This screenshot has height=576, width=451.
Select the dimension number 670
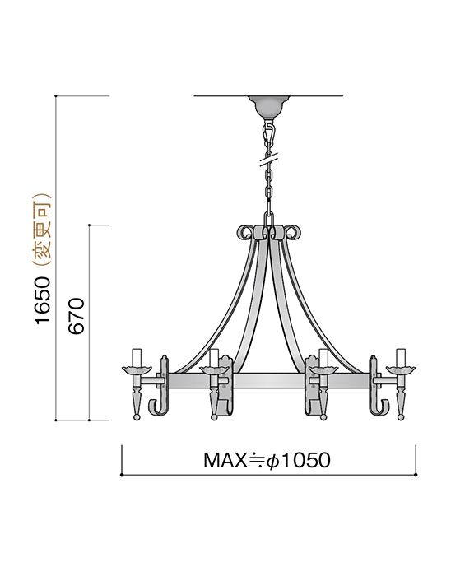(x=77, y=316)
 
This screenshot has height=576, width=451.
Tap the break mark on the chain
(x=269, y=154)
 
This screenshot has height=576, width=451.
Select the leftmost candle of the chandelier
(x=137, y=357)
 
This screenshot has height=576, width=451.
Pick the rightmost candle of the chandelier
(x=402, y=357)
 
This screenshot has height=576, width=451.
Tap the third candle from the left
(x=323, y=358)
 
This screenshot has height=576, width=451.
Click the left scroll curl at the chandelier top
(x=244, y=232)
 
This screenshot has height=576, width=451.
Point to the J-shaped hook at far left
(x=155, y=405)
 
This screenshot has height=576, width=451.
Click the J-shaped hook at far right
(x=384, y=405)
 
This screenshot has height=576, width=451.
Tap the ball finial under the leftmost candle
(x=137, y=417)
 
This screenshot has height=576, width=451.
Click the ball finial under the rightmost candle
(x=402, y=417)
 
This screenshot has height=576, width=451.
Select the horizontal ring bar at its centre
(x=269, y=382)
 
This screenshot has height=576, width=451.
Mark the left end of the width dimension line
(x=123, y=475)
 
